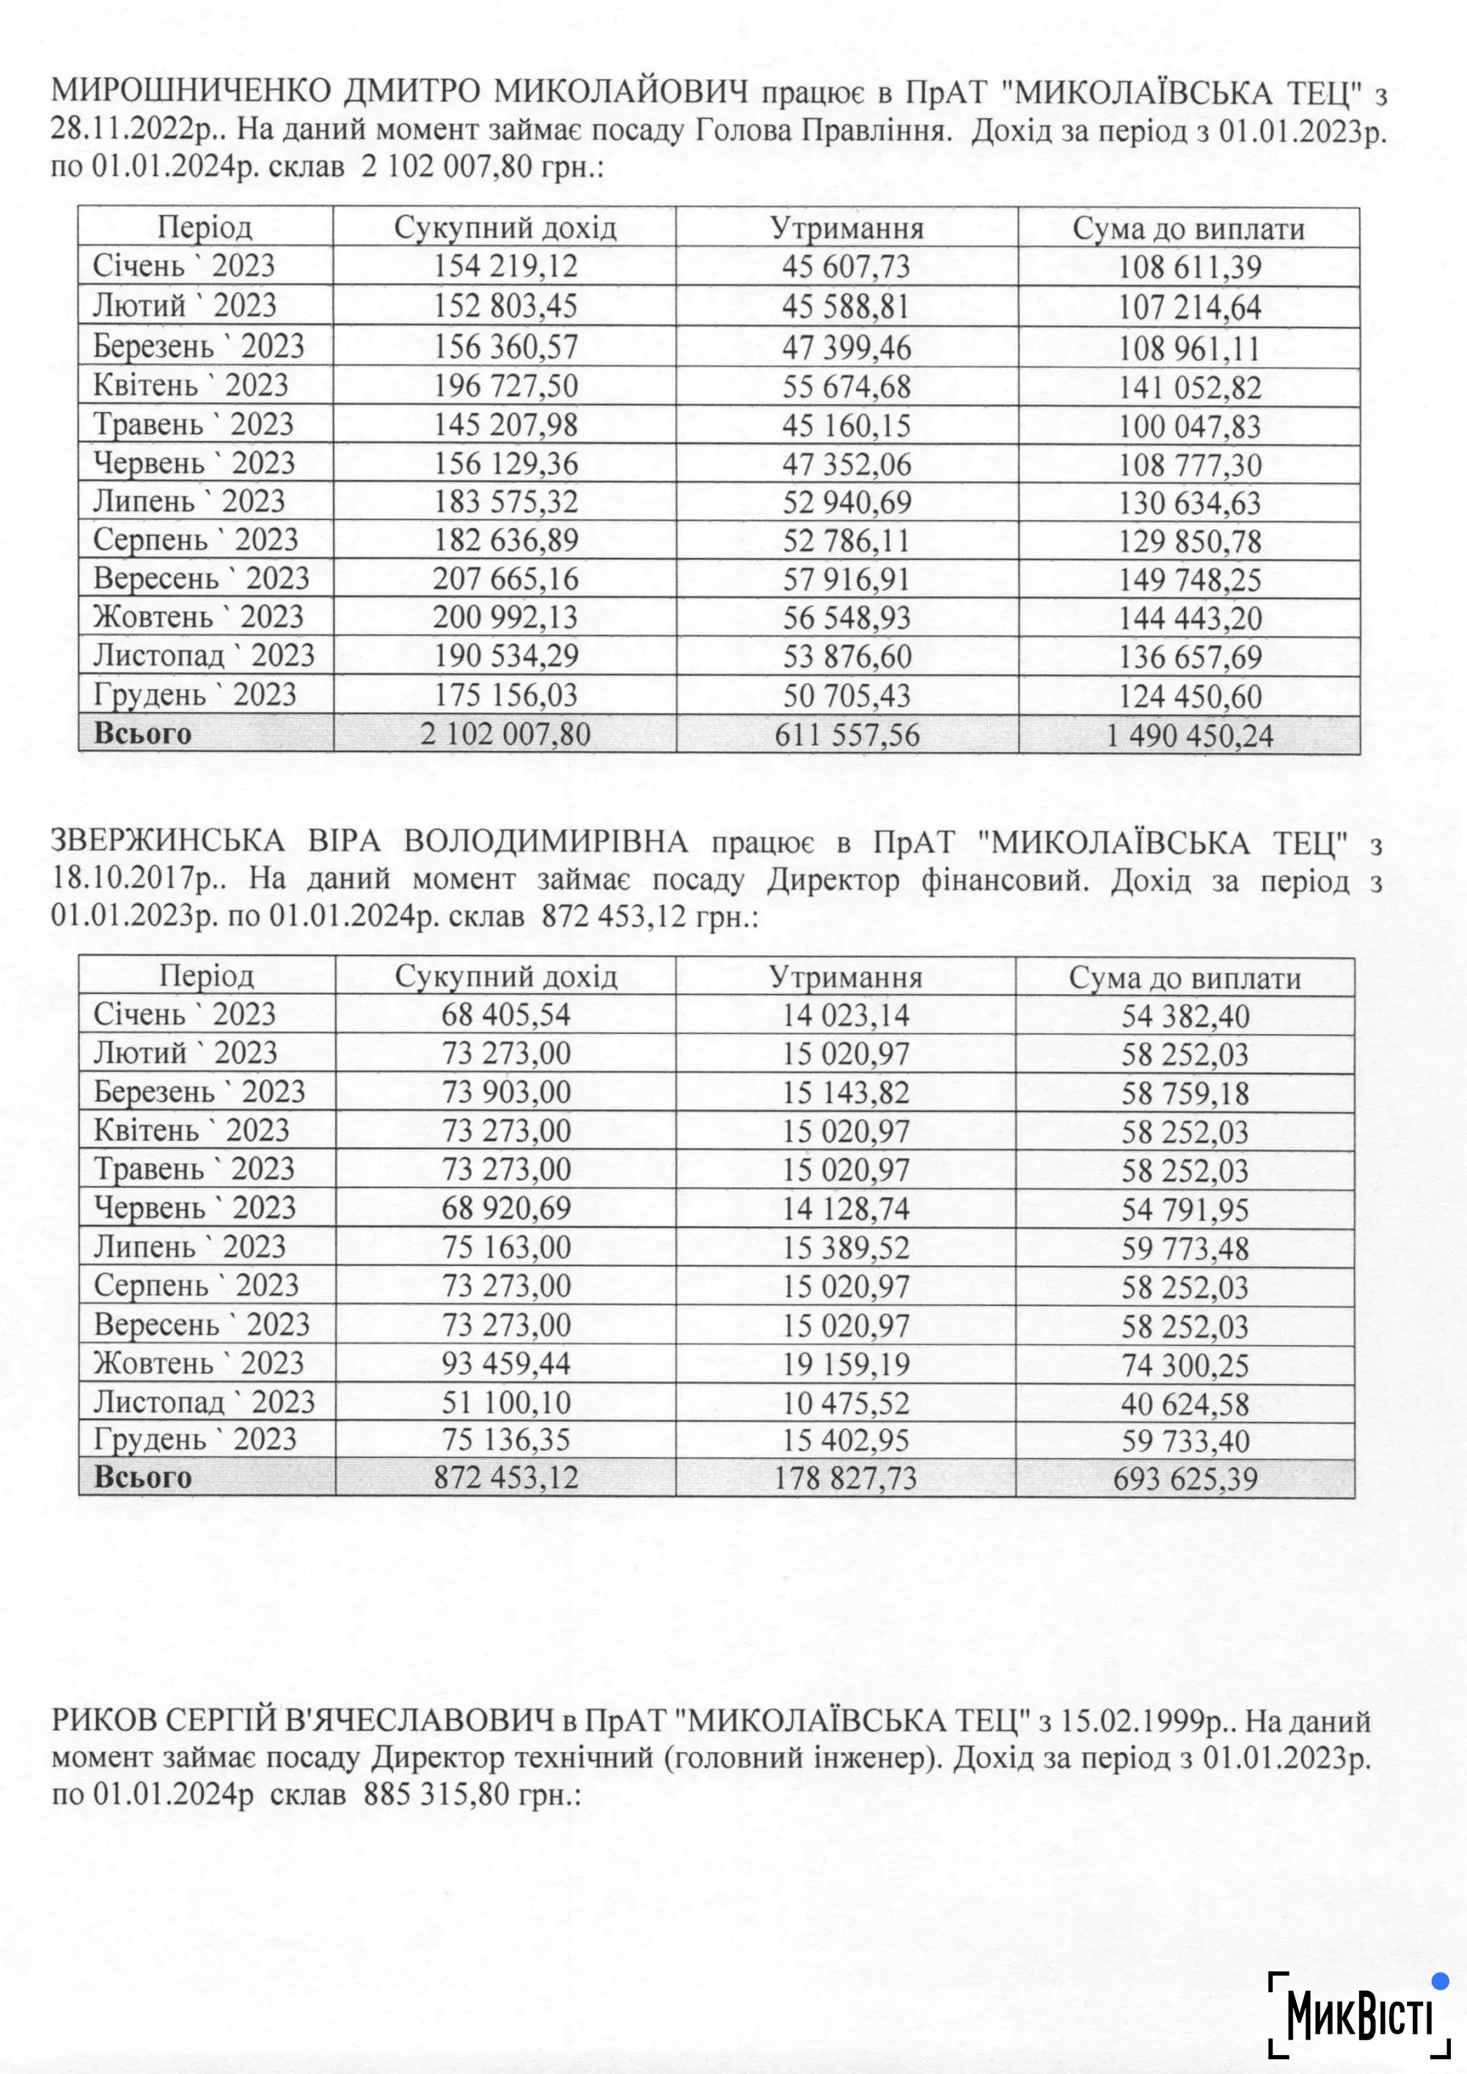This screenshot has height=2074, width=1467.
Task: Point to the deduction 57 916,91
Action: coord(846,579)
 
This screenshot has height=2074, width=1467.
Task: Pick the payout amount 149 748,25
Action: coord(1190,580)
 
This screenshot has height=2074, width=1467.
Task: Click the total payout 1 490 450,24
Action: coord(1190,736)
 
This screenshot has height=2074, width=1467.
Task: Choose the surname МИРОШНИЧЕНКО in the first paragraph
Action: coord(194,92)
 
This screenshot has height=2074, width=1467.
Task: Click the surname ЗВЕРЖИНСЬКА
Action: coord(167,842)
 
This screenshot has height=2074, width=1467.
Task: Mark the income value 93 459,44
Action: coord(506,1363)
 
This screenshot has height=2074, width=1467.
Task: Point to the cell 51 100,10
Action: coord(506,1402)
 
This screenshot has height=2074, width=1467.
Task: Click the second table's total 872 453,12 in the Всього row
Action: coord(506,1477)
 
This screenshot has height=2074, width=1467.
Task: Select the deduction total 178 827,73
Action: coord(846,1478)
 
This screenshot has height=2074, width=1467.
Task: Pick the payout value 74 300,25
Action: coord(1185,1365)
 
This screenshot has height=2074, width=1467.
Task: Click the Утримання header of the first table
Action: coord(846,227)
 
